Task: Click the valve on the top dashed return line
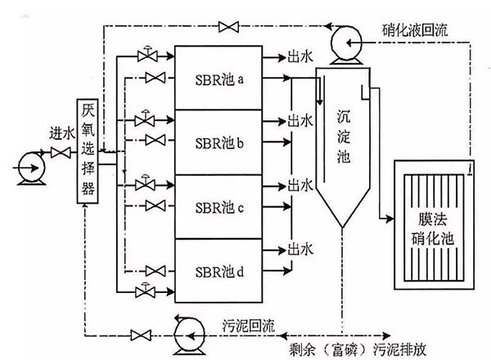point(226,29)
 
